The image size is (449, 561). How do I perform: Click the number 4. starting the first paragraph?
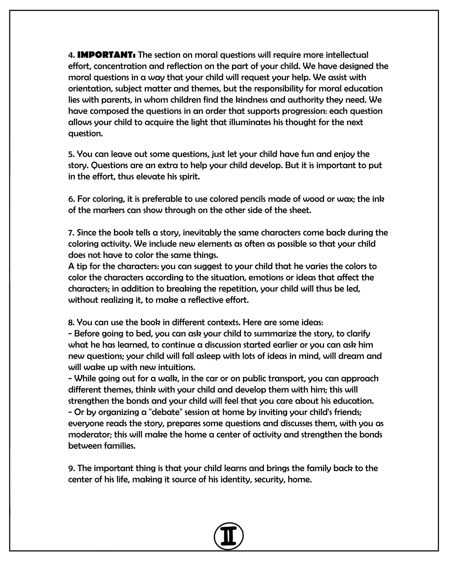(71, 55)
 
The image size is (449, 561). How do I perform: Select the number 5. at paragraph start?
(71, 154)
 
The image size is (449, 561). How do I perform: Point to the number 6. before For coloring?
(71, 199)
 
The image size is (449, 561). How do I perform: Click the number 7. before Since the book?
(71, 233)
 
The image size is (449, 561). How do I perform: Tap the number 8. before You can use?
(71, 322)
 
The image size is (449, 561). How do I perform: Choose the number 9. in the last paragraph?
(71, 468)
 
